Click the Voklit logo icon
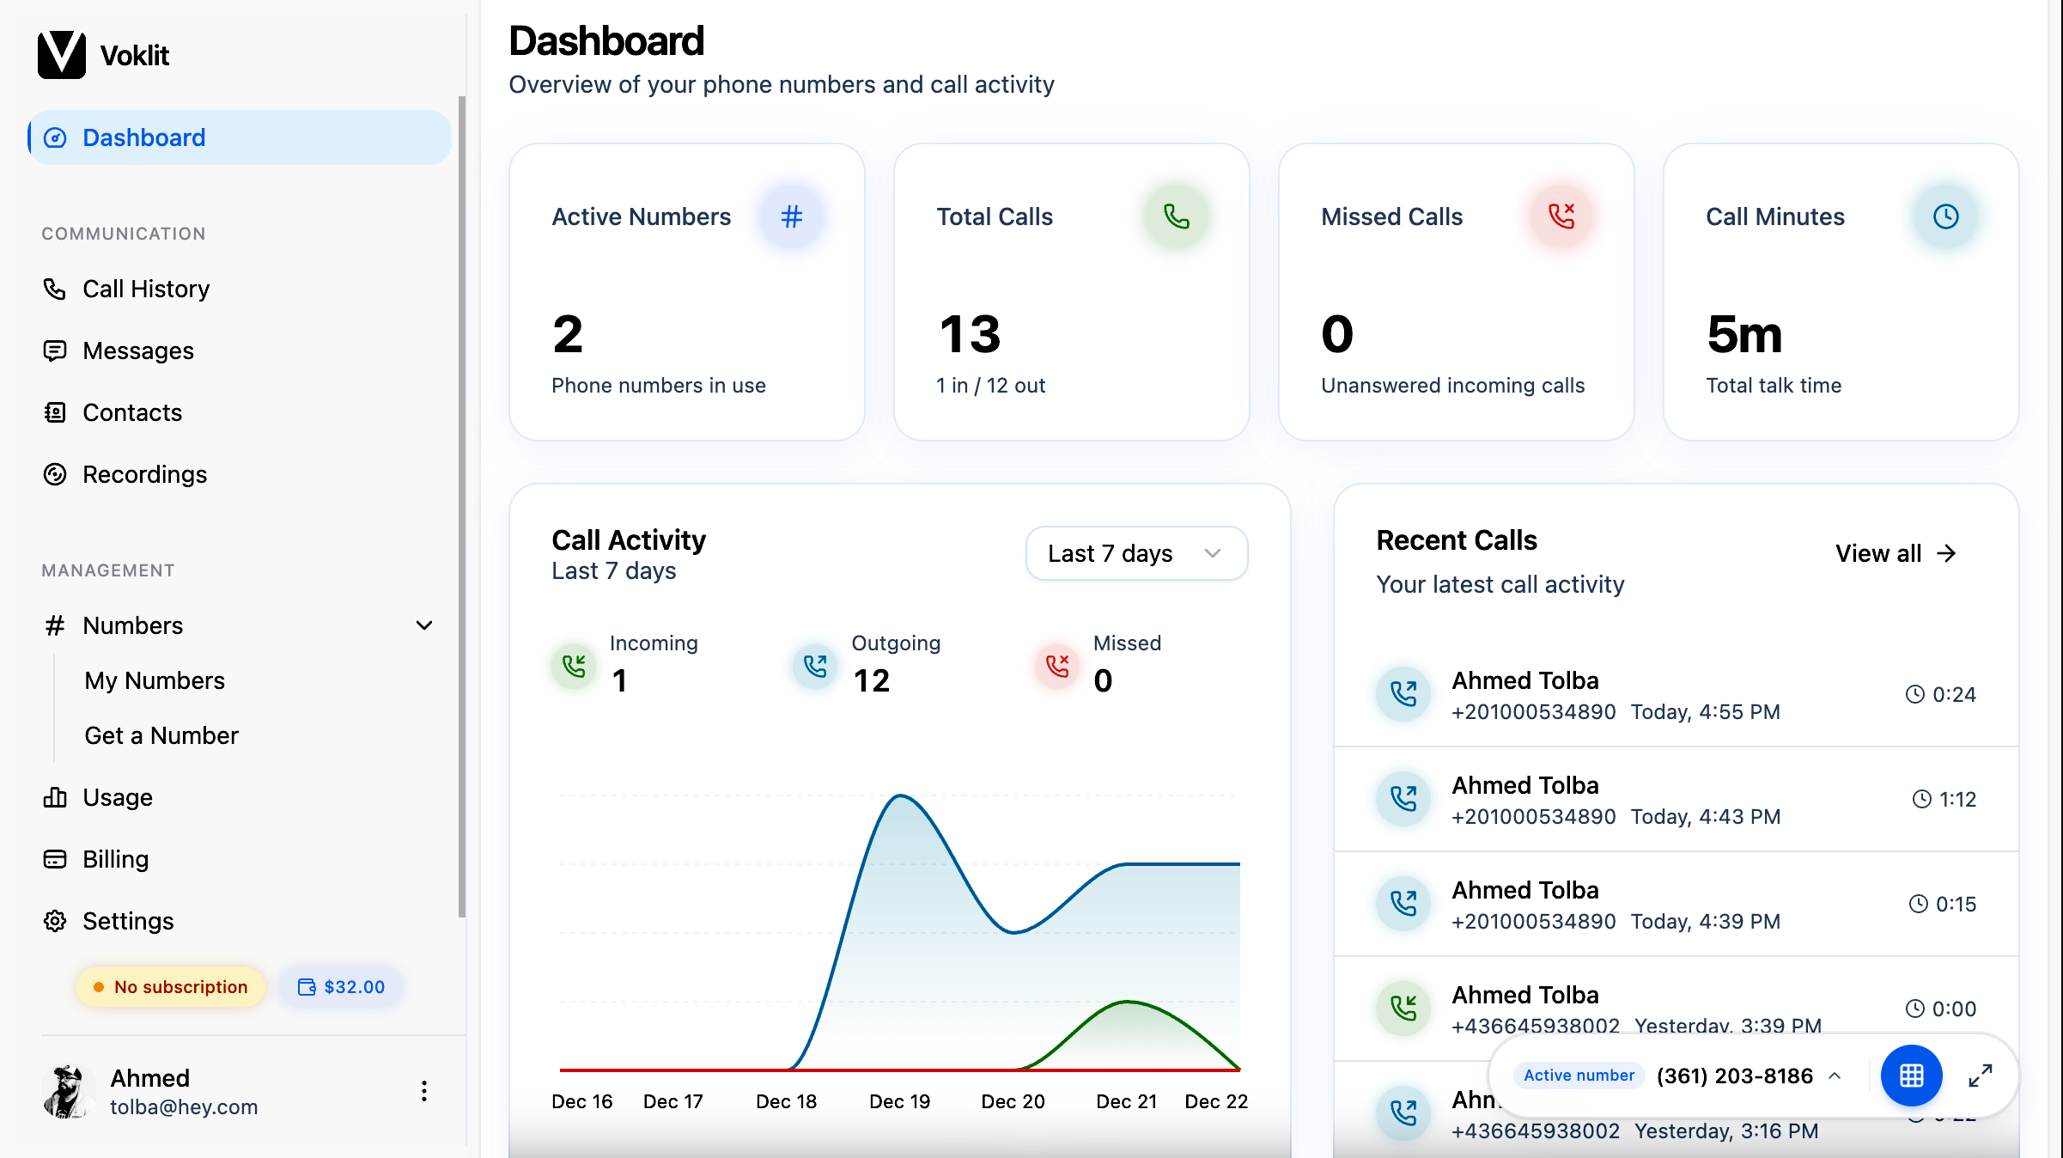pyautogui.click(x=62, y=55)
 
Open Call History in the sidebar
pyautogui.click(x=126, y=289)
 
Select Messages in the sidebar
pyautogui.click(x=119, y=350)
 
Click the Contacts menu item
pyautogui.click(x=113, y=412)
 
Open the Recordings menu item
pyautogui.click(x=125, y=474)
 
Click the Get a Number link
pyautogui.click(x=161, y=735)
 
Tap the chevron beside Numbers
pyautogui.click(x=424, y=625)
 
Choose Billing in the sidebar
pyautogui.click(x=96, y=859)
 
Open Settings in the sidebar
pyautogui.click(x=108, y=921)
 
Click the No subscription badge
pyautogui.click(x=171, y=987)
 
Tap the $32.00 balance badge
pyautogui.click(x=341, y=987)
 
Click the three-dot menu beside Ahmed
pyautogui.click(x=424, y=1091)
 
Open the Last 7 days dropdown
pyautogui.click(x=1136, y=553)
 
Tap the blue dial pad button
pyautogui.click(x=1912, y=1076)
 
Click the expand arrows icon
pyautogui.click(x=1981, y=1076)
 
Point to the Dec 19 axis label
pyautogui.click(x=899, y=1101)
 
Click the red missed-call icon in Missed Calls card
pyautogui.click(x=1561, y=216)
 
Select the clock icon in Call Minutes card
pyautogui.click(x=1946, y=216)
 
